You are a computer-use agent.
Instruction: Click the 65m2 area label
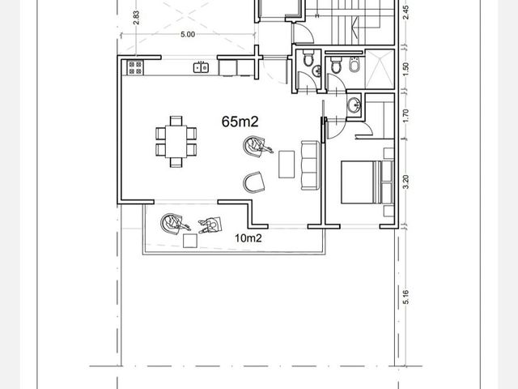pyautogui.click(x=240, y=122)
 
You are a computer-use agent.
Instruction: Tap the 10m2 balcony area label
pyautogui.click(x=248, y=238)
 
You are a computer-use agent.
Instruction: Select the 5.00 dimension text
pyautogui.click(x=188, y=34)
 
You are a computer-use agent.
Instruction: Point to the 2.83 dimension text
pyautogui.click(x=136, y=18)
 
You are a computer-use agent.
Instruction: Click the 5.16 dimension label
pyautogui.click(x=406, y=297)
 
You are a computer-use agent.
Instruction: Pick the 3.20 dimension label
pyautogui.click(x=406, y=182)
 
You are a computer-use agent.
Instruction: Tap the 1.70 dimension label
pyautogui.click(x=406, y=115)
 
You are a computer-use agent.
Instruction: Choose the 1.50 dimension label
pyautogui.click(x=406, y=69)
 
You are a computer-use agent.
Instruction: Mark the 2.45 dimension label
pyautogui.click(x=406, y=12)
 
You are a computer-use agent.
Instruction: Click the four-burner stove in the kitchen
pyautogui.click(x=135, y=67)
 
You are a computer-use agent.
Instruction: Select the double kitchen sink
pyautogui.click(x=201, y=67)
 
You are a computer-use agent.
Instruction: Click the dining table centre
pyautogui.click(x=176, y=142)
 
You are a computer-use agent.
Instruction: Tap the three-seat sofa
pyautogui.click(x=310, y=165)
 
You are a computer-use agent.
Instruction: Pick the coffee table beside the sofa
pyautogui.click(x=287, y=165)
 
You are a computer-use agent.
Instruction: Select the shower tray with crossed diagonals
pyautogui.click(x=380, y=69)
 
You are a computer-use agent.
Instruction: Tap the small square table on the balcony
pyautogui.click(x=190, y=241)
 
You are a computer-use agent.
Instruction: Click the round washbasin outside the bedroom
pyautogui.click(x=355, y=105)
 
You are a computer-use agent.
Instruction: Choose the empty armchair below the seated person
pyautogui.click(x=253, y=182)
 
